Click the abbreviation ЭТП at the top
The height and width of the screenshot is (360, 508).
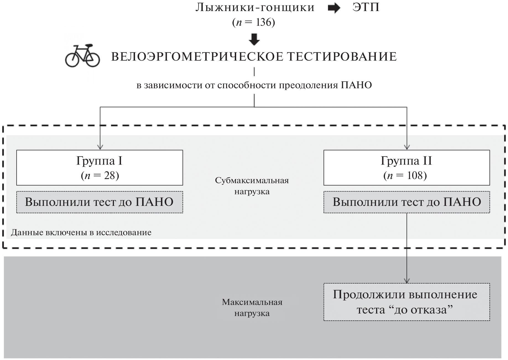366,7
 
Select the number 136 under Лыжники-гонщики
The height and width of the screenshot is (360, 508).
264,22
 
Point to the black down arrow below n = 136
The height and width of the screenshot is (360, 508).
254,40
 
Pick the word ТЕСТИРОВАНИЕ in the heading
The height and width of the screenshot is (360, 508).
342,57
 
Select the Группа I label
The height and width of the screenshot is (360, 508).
99,161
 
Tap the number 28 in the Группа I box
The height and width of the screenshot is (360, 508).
110,175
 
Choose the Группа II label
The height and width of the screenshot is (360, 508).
406,161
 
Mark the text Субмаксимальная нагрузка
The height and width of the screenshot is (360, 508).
252,186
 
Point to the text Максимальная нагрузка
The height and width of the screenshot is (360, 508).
252,307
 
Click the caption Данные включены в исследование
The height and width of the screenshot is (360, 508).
81,232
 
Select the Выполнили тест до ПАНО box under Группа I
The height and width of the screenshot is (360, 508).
100,202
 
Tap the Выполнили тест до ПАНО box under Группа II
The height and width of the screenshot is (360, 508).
407,202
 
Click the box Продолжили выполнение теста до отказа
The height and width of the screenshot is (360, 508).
407,302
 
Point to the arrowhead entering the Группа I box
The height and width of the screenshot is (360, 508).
100,147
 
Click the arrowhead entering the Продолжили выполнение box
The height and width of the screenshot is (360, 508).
407,281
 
